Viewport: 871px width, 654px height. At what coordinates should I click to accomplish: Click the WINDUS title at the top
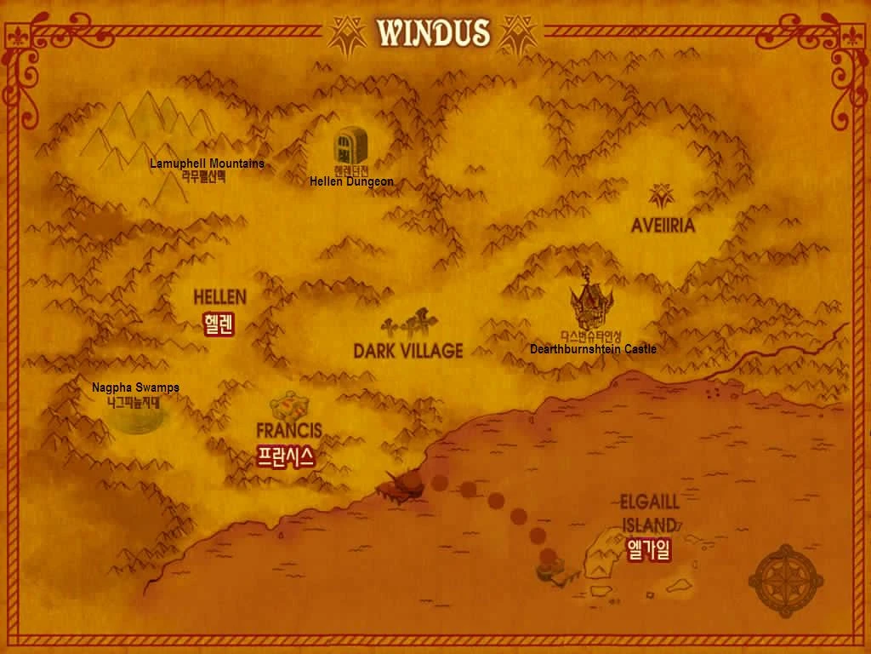click(x=434, y=32)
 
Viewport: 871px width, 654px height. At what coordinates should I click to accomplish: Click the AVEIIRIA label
click(x=663, y=226)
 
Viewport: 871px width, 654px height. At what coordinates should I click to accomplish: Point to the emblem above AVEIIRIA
click(x=661, y=197)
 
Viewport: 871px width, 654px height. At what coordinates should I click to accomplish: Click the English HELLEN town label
click(x=219, y=297)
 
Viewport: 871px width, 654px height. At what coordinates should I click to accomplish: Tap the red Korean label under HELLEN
click(x=219, y=324)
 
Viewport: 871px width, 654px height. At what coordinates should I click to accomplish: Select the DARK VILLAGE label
click(x=408, y=350)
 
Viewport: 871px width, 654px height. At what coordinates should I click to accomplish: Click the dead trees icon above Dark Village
click(x=409, y=324)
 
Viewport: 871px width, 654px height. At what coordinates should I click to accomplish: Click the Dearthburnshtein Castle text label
click(x=593, y=349)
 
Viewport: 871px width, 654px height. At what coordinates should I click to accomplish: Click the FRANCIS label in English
click(x=289, y=430)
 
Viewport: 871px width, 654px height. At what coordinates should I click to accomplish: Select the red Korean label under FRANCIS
click(x=286, y=456)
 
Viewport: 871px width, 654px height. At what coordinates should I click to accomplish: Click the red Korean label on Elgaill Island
click(x=648, y=550)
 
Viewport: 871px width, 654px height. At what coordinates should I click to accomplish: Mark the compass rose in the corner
click(x=785, y=581)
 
